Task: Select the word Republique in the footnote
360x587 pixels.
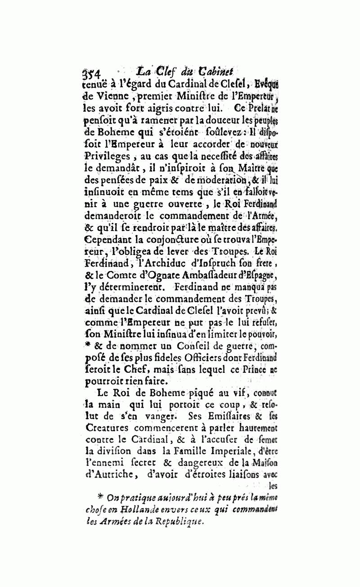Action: pyautogui.click(x=178, y=522)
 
